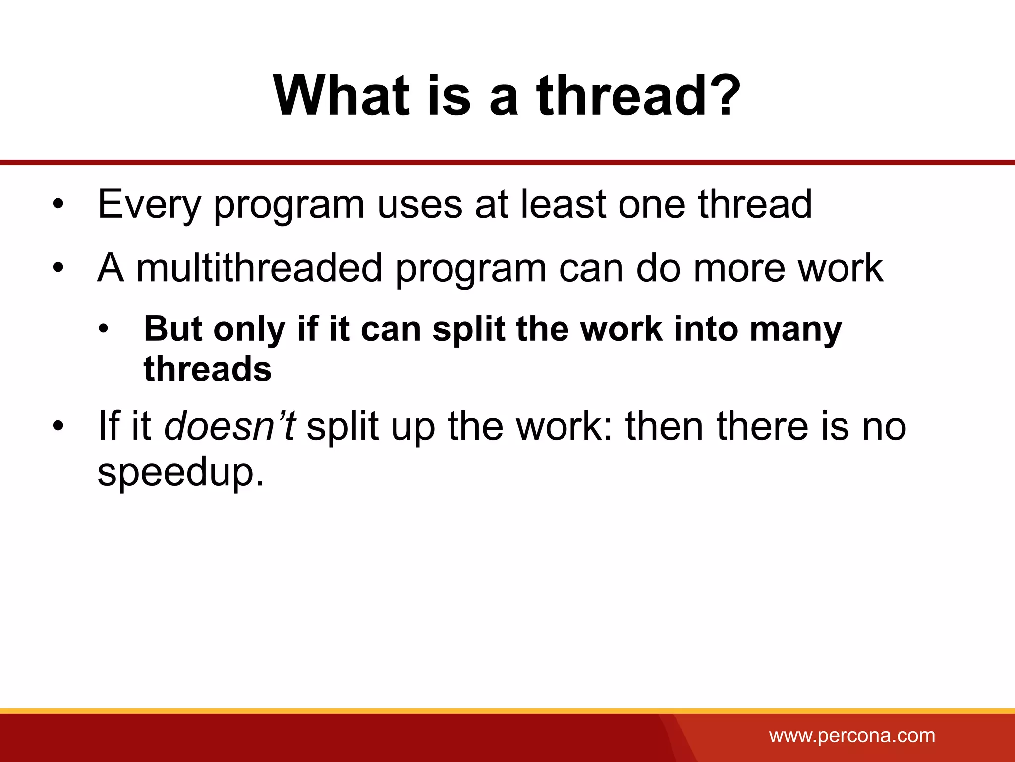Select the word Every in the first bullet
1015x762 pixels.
[149, 204]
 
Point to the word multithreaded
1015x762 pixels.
[259, 268]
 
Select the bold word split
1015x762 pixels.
[468, 329]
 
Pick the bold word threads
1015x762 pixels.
[208, 369]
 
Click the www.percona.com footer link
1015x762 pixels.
[852, 735]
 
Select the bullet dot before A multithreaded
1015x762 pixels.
[58, 268]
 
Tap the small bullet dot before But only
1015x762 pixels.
[103, 329]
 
